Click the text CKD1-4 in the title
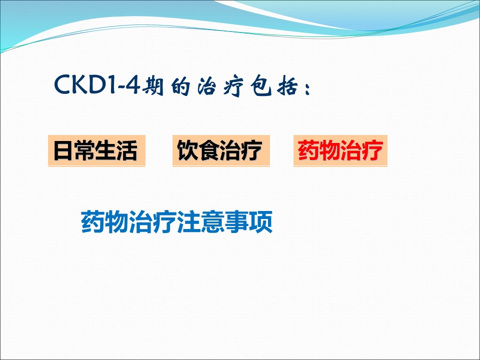tap(97, 84)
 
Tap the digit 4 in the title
tap(133, 84)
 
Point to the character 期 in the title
tap(152, 85)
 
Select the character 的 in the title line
tap(180, 86)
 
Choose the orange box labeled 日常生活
tap(96, 150)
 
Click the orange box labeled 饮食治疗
tap(221, 150)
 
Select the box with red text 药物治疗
tap(340, 150)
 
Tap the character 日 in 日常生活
tap(63, 150)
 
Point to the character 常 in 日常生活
tap(84, 150)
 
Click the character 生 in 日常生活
tap(106, 150)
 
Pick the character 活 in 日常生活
tap(127, 150)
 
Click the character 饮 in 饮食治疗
tap(187, 150)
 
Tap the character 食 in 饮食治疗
tap(209, 150)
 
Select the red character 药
tap(308, 150)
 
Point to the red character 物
tap(329, 150)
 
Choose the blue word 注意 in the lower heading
tap(201, 221)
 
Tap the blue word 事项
tap(249, 221)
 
